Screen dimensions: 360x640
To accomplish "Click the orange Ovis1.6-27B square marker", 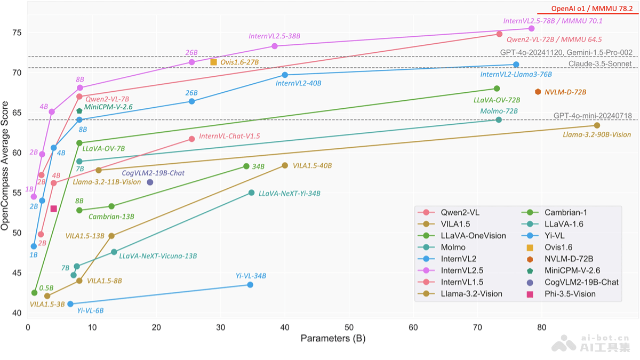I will pos(213,62).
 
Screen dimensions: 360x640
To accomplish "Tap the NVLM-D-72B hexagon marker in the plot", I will pos(538,92).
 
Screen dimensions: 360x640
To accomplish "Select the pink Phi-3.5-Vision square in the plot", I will pos(53,209).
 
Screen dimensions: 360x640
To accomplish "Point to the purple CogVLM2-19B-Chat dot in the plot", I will pos(150,182).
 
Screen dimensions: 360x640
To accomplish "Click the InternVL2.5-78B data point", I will pos(531,28).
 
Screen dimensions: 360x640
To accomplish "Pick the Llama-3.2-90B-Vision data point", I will pos(597,125).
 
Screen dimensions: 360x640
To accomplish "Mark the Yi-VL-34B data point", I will pos(250,285).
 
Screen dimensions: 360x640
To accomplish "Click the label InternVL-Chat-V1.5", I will pos(229,137).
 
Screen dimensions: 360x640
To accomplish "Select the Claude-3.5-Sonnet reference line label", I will pos(600,64).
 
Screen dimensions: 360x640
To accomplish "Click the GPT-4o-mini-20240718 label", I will pos(592,116).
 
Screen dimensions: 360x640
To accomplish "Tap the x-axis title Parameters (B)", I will pos(333,339).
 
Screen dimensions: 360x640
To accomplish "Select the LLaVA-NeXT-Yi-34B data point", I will pos(251,193).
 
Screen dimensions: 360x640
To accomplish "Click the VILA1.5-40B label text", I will pos(312,166).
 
